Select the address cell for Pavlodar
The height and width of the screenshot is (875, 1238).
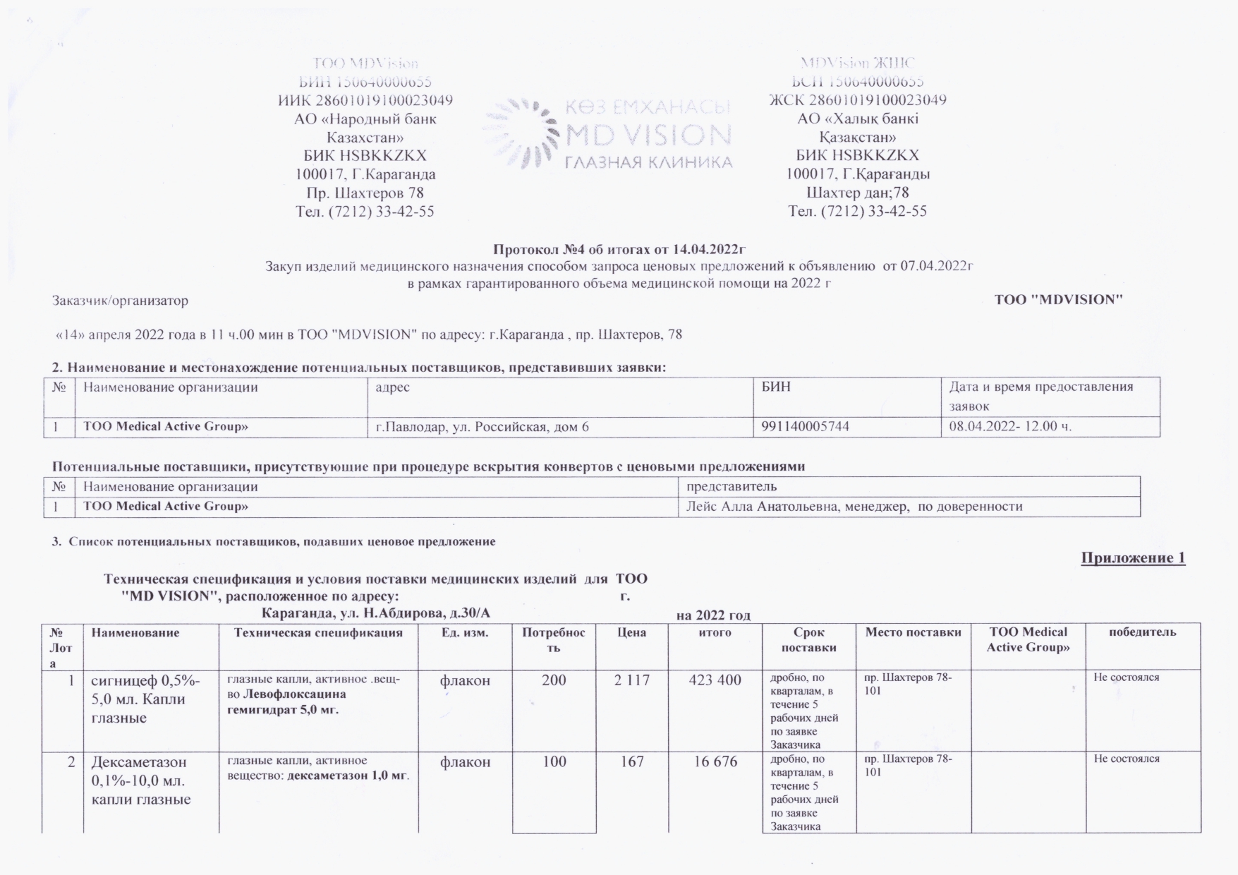[482, 427]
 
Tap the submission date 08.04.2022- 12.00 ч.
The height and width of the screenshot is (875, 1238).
[1010, 427]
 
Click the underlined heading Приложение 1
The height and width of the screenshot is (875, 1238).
[1133, 558]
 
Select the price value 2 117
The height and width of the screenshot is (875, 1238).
[631, 680]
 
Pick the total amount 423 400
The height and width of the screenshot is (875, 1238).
[715, 680]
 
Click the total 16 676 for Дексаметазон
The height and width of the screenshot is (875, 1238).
[715, 762]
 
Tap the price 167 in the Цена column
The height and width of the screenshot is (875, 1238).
[631, 762]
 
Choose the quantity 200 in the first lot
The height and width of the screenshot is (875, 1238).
[554, 680]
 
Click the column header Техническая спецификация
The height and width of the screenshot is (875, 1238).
[318, 633]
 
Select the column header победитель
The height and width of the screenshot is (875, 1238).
[1143, 632]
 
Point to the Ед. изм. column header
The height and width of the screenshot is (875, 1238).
[464, 633]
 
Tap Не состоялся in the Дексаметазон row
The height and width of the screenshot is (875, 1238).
[1127, 759]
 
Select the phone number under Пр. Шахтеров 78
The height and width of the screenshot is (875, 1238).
[365, 212]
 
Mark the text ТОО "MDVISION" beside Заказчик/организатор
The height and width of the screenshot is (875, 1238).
[1058, 300]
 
